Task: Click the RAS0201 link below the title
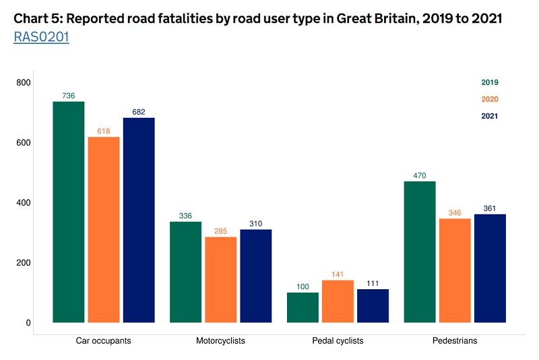pos(41,37)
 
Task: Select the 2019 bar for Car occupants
pos(69,212)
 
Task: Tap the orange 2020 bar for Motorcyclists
pos(221,280)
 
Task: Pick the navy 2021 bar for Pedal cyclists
pos(373,305)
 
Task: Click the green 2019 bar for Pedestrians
pos(420,251)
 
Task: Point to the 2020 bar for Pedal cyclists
pos(338,301)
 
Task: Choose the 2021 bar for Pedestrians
pos(490,268)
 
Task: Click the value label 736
pos(69,96)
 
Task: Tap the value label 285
pos(221,231)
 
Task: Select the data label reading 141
pos(338,274)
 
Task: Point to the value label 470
pos(420,176)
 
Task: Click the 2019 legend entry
pos(490,83)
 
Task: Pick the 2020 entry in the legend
pos(490,100)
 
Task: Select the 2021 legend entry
pos(490,116)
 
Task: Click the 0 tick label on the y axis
pos(28,323)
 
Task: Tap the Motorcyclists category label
pos(221,341)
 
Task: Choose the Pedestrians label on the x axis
pos(455,341)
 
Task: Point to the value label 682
pos(139,112)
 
